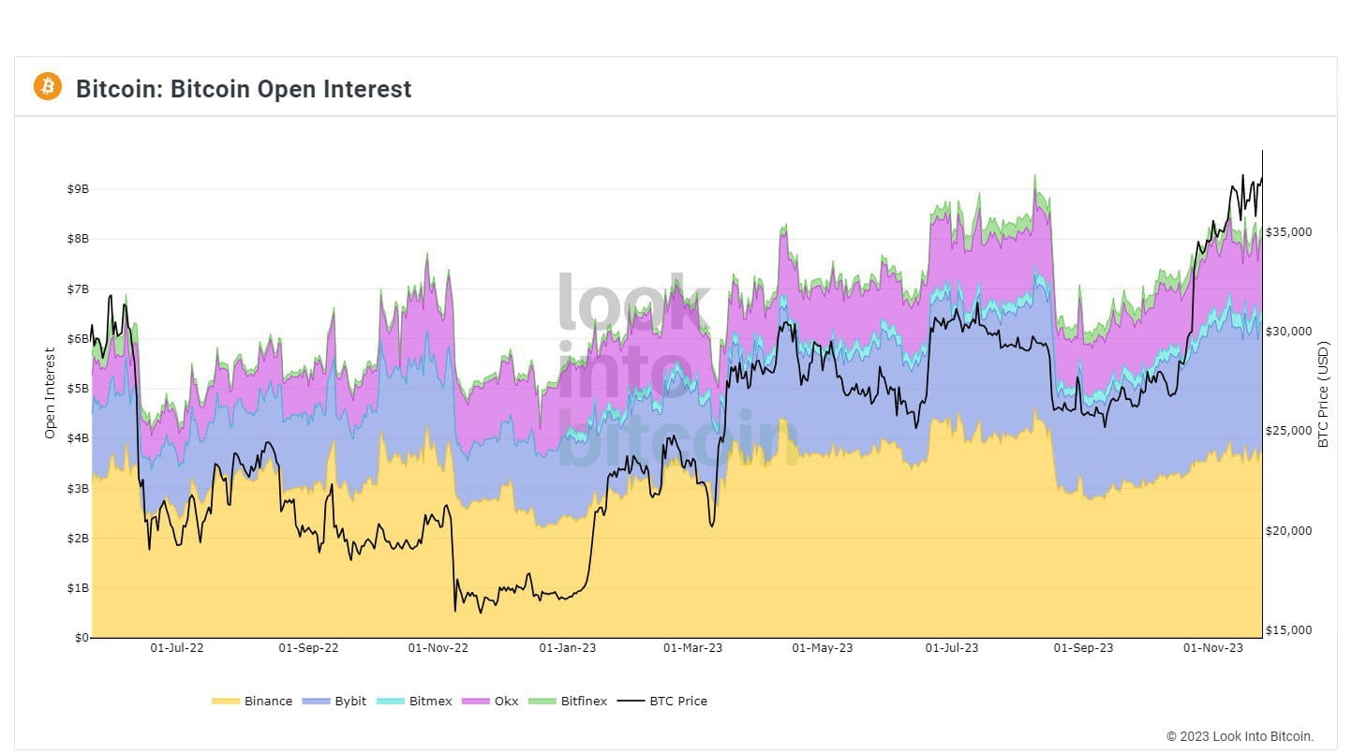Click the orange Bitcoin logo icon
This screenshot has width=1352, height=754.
47,87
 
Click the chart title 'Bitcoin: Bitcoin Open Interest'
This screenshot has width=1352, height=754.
244,89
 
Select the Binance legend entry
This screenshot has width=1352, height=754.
267,701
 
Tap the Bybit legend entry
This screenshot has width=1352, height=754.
350,701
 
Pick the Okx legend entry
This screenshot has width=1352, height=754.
506,701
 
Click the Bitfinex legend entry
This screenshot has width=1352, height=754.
583,701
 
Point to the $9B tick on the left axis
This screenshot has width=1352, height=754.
78,188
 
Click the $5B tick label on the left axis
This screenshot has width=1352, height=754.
78,389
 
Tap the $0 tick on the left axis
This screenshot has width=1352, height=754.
81,638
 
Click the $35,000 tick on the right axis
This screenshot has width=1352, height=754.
1289,232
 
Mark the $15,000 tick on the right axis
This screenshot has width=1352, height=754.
1289,630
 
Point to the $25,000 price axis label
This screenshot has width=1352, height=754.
1289,431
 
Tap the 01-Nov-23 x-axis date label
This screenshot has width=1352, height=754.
1213,647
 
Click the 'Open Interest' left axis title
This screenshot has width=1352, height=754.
51,393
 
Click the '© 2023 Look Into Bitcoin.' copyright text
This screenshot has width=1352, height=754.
1240,736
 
